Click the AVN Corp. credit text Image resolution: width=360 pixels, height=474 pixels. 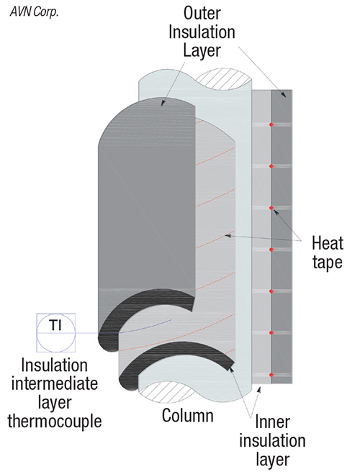34,12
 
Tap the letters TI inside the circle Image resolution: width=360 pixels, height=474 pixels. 55,325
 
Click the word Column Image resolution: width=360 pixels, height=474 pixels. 188,415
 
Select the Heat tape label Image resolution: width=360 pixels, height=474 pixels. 328,252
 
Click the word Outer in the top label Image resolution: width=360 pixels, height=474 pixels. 202,14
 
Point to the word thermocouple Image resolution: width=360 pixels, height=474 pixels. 55,421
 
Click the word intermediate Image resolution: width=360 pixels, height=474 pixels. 55,384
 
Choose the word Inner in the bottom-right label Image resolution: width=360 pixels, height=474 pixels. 273,422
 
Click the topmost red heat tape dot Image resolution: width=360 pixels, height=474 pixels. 271,124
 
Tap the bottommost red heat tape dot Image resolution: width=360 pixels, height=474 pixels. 271,375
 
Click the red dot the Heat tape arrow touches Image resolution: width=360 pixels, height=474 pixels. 271,208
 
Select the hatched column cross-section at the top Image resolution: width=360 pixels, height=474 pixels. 224,79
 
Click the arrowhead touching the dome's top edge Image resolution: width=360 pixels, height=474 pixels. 163,103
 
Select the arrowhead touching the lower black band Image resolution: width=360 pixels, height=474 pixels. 232,370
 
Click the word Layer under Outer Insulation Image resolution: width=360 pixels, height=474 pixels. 202,50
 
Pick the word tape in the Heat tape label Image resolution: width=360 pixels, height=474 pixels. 328,262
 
